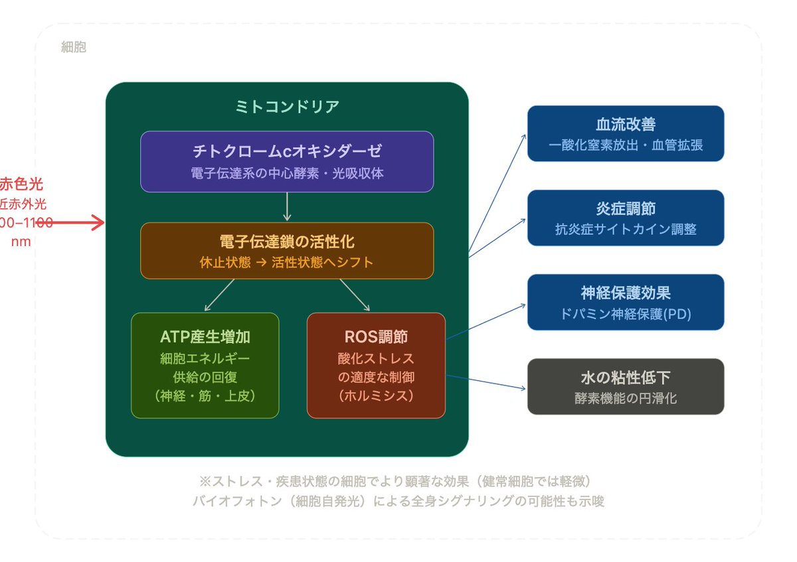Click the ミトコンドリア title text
coord(287,106)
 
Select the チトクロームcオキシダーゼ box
coord(287,161)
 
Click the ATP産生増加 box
coord(205,366)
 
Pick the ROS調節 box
coord(376,366)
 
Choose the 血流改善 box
coord(626,133)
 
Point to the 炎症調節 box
coord(626,218)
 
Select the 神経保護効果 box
coord(626,302)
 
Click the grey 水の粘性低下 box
coord(626,386)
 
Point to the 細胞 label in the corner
coord(73,48)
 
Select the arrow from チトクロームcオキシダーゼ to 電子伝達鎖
coord(287,206)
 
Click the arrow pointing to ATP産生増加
coord(220,295)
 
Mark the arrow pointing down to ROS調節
coord(355,295)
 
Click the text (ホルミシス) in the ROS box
coord(376,396)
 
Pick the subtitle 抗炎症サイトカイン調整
coord(626,230)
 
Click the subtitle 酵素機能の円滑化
coord(626,398)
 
